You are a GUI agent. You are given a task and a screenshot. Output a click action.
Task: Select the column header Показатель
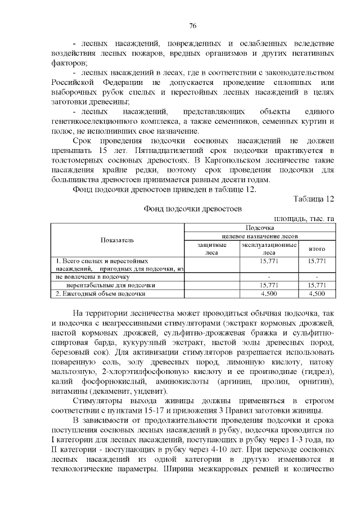pos(118,240)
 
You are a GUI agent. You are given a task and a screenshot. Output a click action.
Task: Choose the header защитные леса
pos(212,249)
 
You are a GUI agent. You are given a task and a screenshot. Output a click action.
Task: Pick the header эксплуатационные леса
pos(269,249)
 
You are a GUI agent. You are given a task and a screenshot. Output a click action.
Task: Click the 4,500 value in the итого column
pos(317,293)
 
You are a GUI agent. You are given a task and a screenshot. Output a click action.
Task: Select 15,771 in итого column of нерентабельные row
pos(317,285)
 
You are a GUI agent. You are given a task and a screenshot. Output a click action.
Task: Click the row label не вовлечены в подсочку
pos(93,277)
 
